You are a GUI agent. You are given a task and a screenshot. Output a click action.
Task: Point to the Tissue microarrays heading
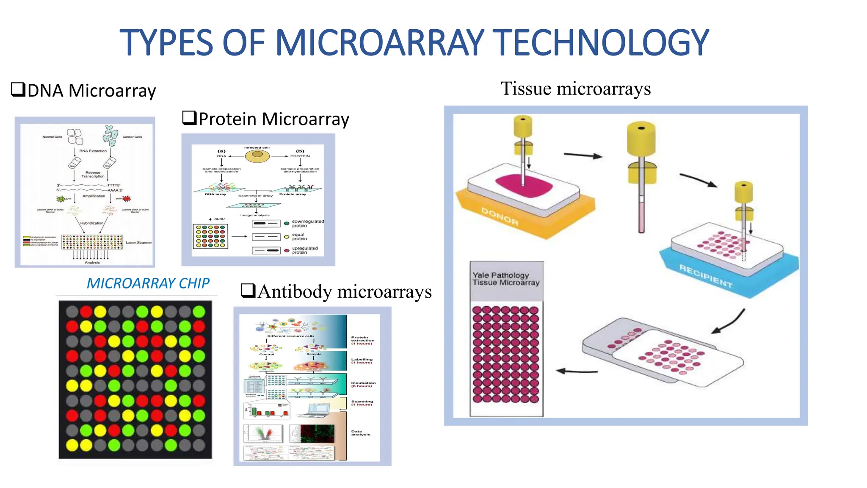pos(575,89)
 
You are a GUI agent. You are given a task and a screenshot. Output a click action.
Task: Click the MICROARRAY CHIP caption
pos(148,283)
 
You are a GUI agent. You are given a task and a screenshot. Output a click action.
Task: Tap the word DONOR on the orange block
pos(500,216)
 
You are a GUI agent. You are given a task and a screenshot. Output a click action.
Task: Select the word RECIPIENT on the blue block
pos(706,276)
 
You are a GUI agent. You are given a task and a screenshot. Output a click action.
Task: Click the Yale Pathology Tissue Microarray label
pos(506,279)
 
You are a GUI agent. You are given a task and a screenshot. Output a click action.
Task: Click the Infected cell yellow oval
pos(257,155)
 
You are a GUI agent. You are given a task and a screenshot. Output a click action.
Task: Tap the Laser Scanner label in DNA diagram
pos(138,242)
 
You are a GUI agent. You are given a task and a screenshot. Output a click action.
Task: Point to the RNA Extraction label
pos(93,151)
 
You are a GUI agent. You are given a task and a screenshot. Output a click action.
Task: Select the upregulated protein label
pos(304,250)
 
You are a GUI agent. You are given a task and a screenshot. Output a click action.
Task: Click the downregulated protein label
pos(307,223)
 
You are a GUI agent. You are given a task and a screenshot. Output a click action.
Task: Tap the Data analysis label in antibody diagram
pos(360,433)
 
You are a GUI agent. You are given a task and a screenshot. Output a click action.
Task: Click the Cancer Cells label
pos(132,137)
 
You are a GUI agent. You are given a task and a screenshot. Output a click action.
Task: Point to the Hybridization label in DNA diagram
pos(92,223)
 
